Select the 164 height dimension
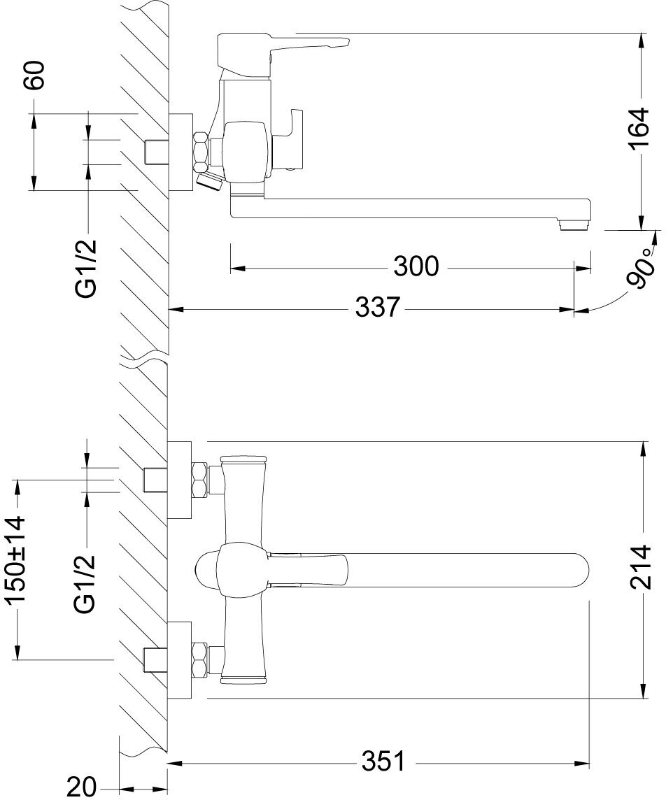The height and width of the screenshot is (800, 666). tap(640, 130)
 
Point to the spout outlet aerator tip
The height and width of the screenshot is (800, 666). tap(576, 224)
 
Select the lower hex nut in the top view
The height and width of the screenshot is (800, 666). tap(200, 660)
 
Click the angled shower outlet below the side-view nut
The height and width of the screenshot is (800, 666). tap(208, 180)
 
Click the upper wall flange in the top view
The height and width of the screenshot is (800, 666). tap(180, 480)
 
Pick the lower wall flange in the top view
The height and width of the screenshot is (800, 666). tap(180, 659)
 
